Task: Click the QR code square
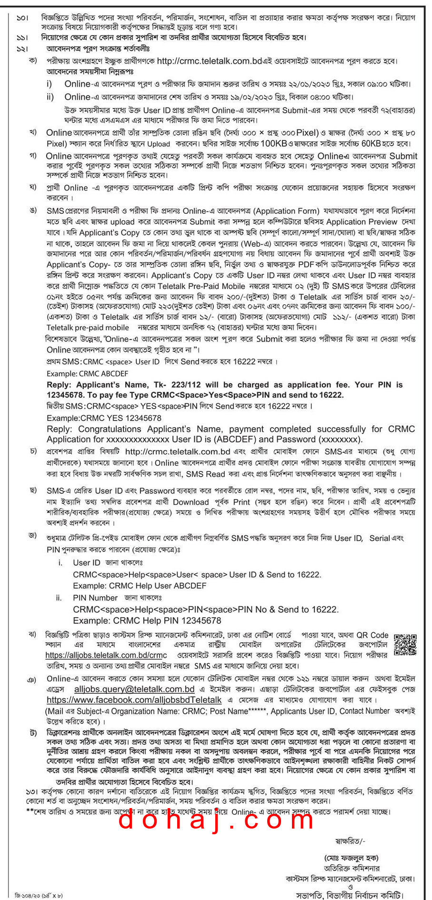click(405, 644)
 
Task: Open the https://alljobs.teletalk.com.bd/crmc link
click(106, 655)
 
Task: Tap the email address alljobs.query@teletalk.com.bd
click(134, 689)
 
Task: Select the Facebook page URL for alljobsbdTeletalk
click(134, 700)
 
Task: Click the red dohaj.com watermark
click(216, 820)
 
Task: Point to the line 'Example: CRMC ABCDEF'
click(87, 374)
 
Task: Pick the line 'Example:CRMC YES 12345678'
click(104, 418)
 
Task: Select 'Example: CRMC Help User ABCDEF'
click(140, 586)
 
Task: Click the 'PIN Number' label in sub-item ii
click(95, 598)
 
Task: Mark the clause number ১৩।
click(31, 791)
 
